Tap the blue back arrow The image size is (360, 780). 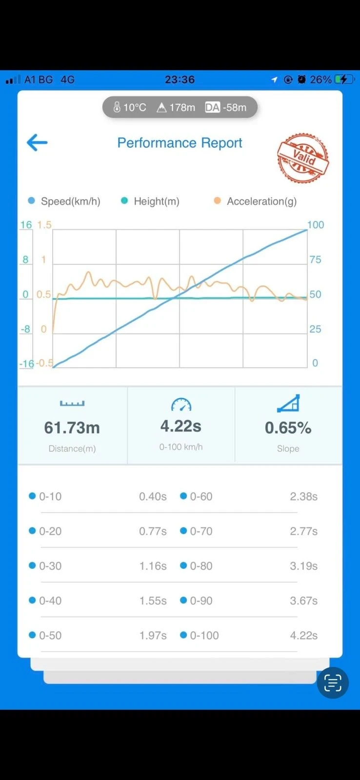pos(37,142)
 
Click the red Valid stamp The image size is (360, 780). pos(303,158)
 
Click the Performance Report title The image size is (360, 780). pos(180,143)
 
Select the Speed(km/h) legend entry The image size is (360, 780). pos(64,201)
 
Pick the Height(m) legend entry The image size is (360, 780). pos(150,201)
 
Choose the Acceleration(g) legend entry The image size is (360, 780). pos(255,201)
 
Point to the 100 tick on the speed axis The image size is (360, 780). pos(316,225)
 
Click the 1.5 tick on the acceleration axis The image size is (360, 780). pos(44,225)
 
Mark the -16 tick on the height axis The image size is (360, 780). pos(26,364)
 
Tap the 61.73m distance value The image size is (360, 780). pos(72,428)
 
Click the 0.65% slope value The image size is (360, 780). pos(288,428)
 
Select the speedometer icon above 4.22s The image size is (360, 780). pos(181,404)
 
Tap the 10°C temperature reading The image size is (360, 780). pos(130,107)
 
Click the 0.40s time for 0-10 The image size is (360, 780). pos(153,496)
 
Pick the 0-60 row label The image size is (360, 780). pos(201,496)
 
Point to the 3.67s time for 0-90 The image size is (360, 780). pos(303,600)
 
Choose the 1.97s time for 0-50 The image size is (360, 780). pos(153,635)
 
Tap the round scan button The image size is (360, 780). pos(333,682)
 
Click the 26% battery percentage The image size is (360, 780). pos(320,80)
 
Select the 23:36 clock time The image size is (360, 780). pos(180,80)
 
